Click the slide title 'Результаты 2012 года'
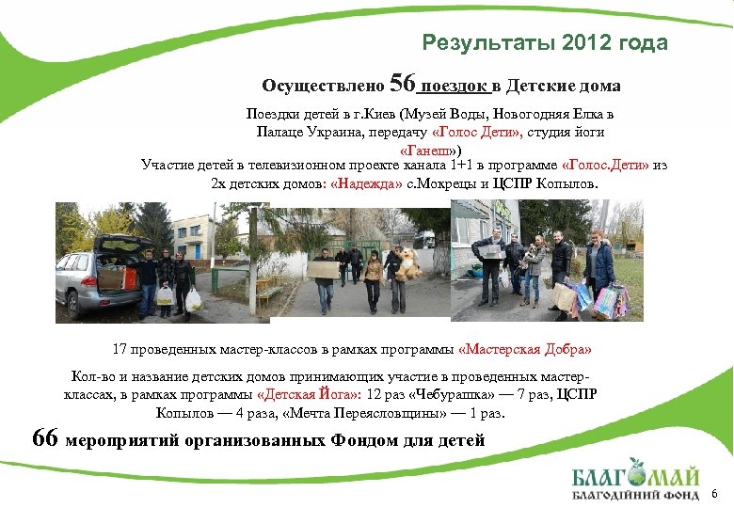coord(545,43)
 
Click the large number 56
coord(402,85)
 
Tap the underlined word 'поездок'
coord(456,87)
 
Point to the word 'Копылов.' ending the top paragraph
coord(566,183)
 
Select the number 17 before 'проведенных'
coord(120,349)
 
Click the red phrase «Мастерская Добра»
coord(525,349)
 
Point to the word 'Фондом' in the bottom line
coord(349,439)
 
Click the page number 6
coord(715,494)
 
